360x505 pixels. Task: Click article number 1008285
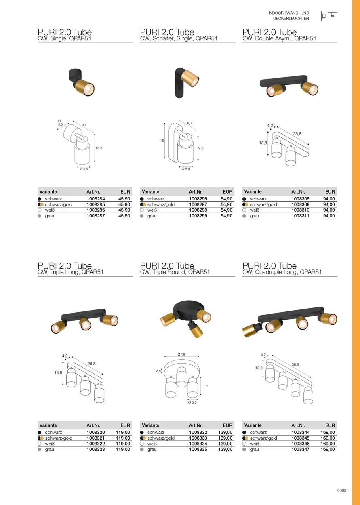click(96, 204)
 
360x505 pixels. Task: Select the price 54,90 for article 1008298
click(227, 210)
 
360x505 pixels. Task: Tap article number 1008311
click(300, 216)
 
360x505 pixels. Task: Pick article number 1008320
click(96, 432)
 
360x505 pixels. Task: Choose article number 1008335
click(198, 449)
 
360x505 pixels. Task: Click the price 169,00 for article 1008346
click(328, 444)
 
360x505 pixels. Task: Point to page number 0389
click(342, 490)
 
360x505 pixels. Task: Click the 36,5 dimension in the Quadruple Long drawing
click(295, 364)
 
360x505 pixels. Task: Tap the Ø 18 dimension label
click(181, 354)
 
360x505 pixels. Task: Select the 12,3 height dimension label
click(99, 148)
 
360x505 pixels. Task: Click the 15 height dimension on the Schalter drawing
click(162, 141)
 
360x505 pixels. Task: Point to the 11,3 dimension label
click(204, 386)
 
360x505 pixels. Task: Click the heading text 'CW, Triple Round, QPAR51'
click(175, 272)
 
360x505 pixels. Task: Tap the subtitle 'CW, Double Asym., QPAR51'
click(279, 38)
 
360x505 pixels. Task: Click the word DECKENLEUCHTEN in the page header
click(291, 19)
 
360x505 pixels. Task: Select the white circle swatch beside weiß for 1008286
click(40, 210)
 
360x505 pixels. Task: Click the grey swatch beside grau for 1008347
click(244, 449)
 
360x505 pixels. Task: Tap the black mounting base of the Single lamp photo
click(74, 76)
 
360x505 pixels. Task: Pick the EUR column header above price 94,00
click(330, 191)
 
